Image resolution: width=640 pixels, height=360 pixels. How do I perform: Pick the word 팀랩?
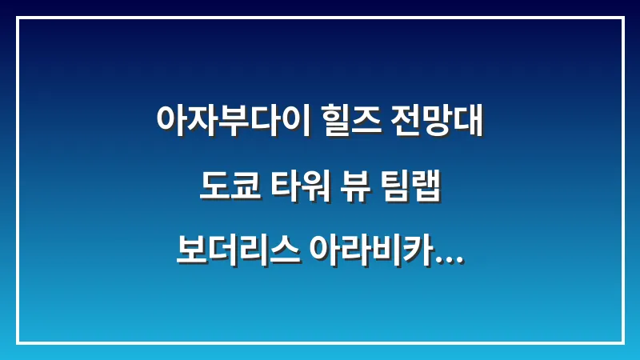[410, 190]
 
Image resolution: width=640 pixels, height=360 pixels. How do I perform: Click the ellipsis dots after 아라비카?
[450, 265]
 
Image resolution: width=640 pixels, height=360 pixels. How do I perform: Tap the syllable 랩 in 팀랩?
[427, 190]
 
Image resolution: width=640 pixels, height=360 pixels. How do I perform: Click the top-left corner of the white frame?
[18, 18]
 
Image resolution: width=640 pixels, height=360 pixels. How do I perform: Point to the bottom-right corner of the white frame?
[622, 342]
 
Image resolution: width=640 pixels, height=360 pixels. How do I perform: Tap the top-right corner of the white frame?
[622, 18]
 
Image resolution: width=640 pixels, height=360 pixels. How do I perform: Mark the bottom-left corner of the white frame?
[18, 342]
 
